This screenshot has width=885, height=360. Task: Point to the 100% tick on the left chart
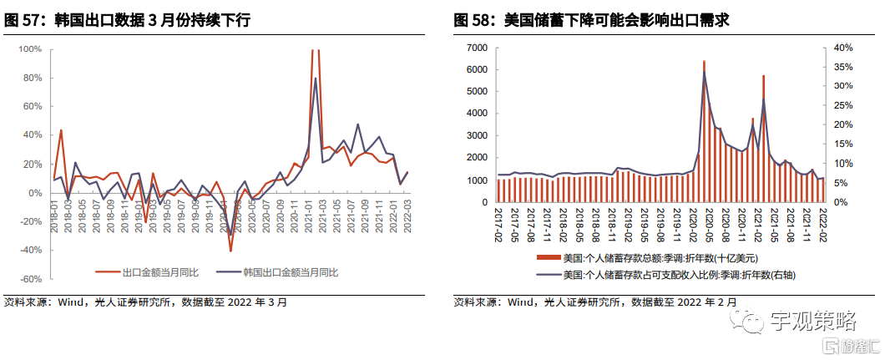pyautogui.click(x=30, y=49)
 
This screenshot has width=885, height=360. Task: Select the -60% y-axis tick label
pyautogui.click(x=30, y=279)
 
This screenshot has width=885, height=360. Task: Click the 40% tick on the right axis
pyautogui.click(x=842, y=48)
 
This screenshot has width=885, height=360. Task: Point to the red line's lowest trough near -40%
pyautogui.click(x=230, y=250)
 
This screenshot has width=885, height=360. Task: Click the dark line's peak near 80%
pyautogui.click(x=315, y=79)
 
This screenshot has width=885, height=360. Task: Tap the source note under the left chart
pyautogui.click(x=146, y=302)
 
